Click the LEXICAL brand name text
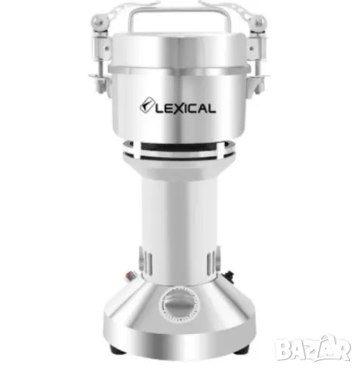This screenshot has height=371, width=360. pyautogui.click(x=185, y=108)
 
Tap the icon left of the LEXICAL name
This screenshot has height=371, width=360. pyautogui.click(x=147, y=106)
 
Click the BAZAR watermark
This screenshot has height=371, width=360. pyautogui.click(x=314, y=349)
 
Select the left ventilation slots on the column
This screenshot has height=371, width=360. pyautogui.click(x=146, y=260)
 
